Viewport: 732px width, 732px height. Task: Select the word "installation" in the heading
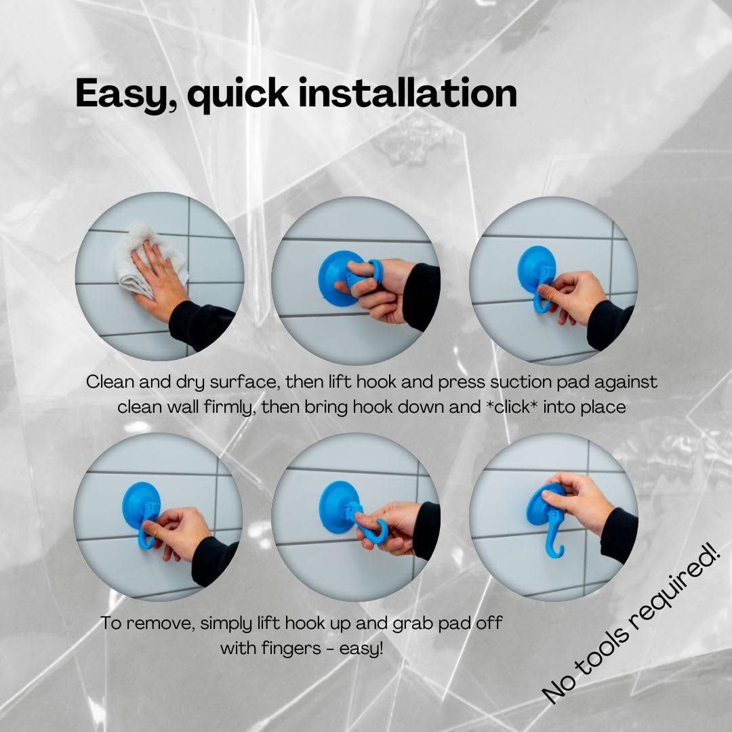tap(407, 93)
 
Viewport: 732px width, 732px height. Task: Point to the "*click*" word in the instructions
tap(511, 407)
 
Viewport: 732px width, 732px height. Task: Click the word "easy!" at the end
tap(361, 648)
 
